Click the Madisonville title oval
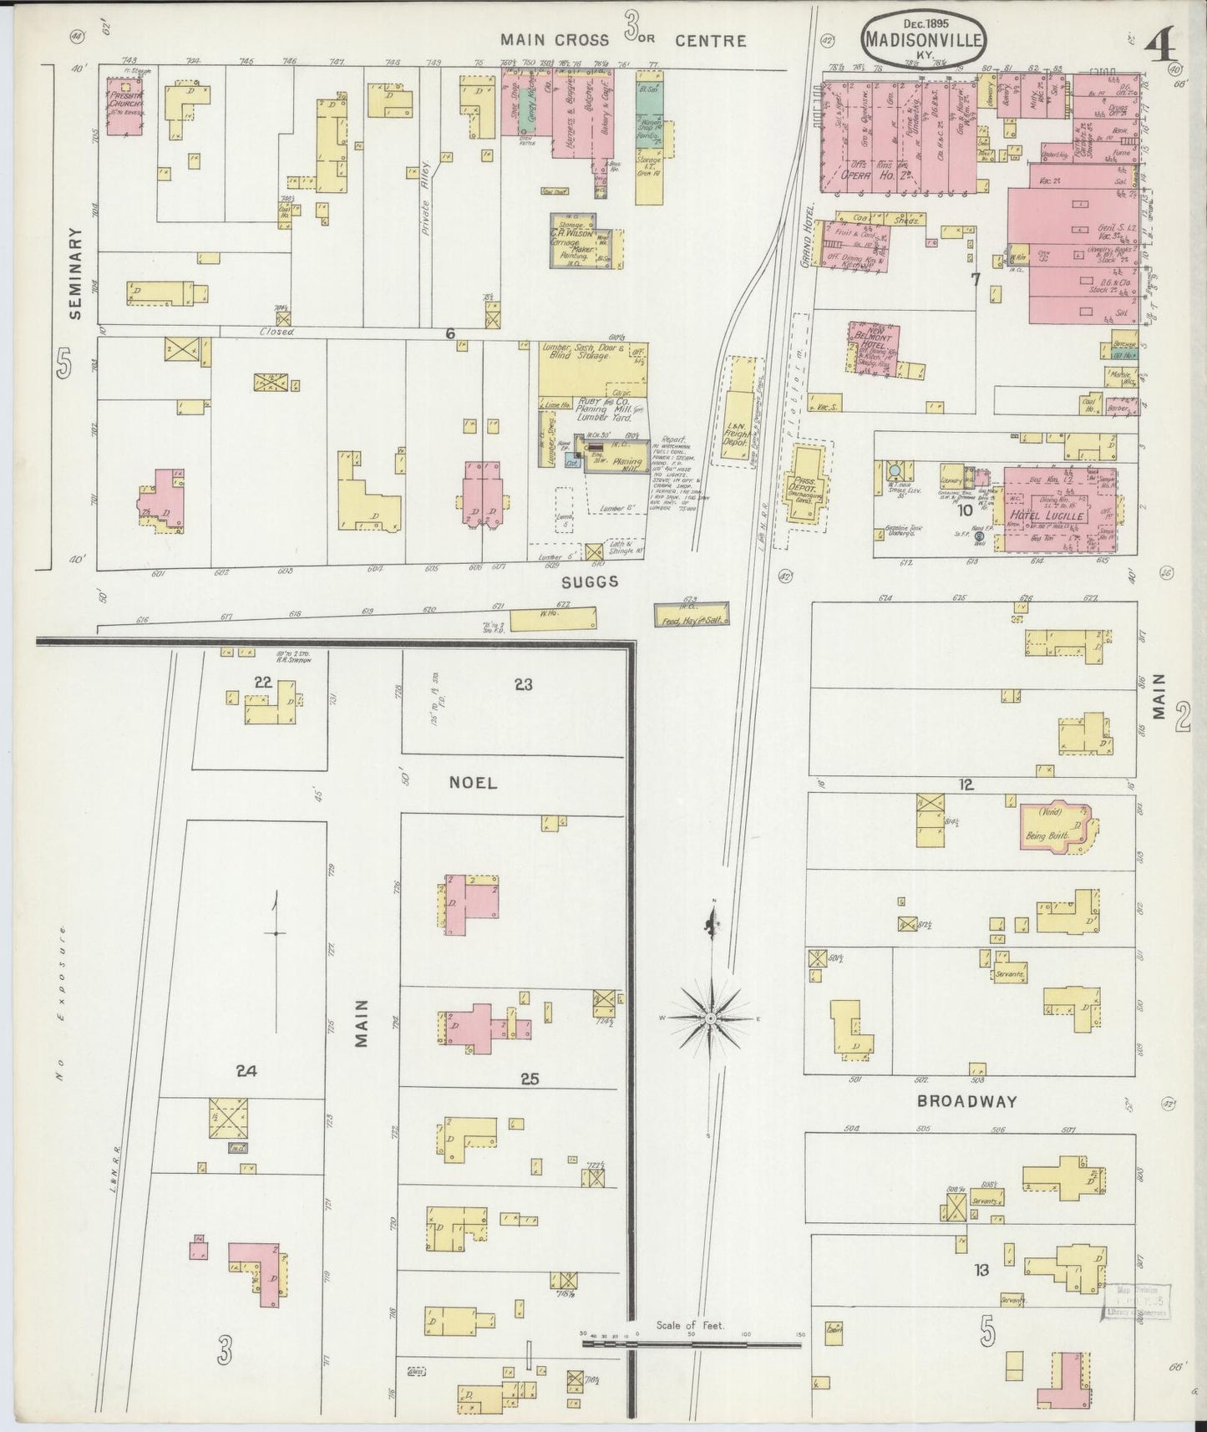point(924,40)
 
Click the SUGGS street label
point(591,581)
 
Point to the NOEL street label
point(473,783)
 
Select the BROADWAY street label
point(967,1101)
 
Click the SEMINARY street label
point(76,274)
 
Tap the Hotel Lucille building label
point(1057,515)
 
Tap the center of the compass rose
point(710,1018)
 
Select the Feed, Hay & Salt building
point(691,616)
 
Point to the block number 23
point(523,685)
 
